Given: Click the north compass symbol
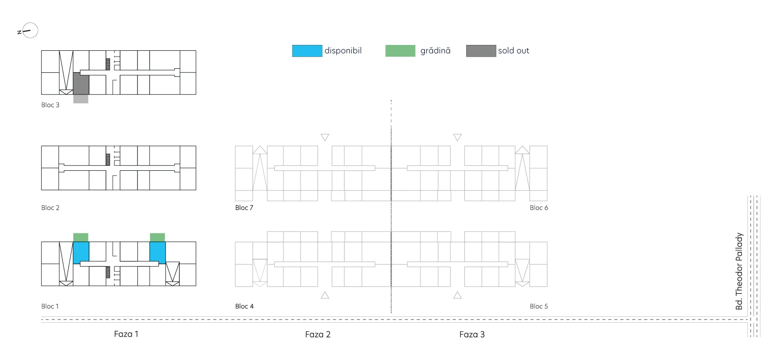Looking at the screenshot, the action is [x=28, y=31].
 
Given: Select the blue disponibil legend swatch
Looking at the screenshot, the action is [x=307, y=51].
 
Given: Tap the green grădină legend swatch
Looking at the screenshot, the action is [x=400, y=51].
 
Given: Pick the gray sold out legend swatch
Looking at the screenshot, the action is [x=481, y=51].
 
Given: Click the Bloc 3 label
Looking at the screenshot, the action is [x=50, y=105].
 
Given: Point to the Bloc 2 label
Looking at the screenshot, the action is [x=50, y=208].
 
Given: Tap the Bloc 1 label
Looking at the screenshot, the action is [x=50, y=306].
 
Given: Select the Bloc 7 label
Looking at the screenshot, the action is [x=244, y=208].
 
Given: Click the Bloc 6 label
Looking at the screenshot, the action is [x=539, y=208].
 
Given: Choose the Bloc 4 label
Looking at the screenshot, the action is [x=244, y=306].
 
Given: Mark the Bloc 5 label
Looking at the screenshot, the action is [x=539, y=306].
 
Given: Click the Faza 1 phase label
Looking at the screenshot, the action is [x=126, y=334].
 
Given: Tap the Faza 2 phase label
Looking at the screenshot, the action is [x=318, y=334].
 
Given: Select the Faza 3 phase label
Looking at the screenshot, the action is [x=472, y=334].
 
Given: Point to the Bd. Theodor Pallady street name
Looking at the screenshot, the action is [x=739, y=271].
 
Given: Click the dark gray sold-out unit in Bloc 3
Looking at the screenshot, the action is [x=81, y=84].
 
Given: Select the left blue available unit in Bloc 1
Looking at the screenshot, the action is [x=81, y=253].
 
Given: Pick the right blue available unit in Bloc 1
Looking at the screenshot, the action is [x=158, y=253].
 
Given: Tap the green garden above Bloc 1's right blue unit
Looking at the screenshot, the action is [x=157, y=237].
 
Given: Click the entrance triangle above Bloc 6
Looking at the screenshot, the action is [x=457, y=137].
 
